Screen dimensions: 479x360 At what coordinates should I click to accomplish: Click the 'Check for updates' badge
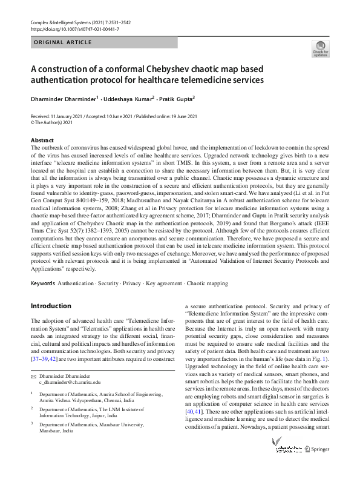pos(320,48)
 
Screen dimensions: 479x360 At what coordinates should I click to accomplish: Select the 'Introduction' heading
pos(51,306)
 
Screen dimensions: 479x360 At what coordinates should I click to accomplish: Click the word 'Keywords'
pos(44,283)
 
